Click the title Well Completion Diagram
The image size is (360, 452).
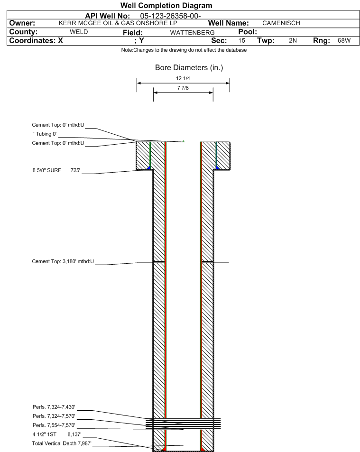(x=166, y=6)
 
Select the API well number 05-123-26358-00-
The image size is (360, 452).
(x=170, y=16)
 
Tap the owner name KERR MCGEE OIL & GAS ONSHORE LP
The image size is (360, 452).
(x=118, y=23)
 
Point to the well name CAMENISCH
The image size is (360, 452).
(x=281, y=23)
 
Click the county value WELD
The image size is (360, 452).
(x=79, y=32)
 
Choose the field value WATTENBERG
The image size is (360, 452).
(x=192, y=33)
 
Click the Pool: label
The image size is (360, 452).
(x=248, y=32)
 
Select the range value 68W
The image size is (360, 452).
(x=344, y=40)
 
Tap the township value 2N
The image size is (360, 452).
(x=293, y=40)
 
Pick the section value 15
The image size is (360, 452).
(x=242, y=40)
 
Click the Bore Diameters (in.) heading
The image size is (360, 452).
(x=189, y=67)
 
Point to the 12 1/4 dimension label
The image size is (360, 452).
(x=183, y=78)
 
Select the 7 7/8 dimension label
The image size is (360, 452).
(x=183, y=88)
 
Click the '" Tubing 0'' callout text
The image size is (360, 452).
(x=45, y=134)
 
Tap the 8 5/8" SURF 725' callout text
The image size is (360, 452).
(x=56, y=170)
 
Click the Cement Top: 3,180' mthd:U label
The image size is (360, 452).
(x=63, y=261)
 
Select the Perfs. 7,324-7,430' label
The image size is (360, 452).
(x=54, y=407)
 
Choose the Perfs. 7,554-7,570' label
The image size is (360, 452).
(x=54, y=425)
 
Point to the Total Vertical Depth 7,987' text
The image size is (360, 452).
(x=62, y=443)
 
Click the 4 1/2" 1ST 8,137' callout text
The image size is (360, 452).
(x=57, y=434)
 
